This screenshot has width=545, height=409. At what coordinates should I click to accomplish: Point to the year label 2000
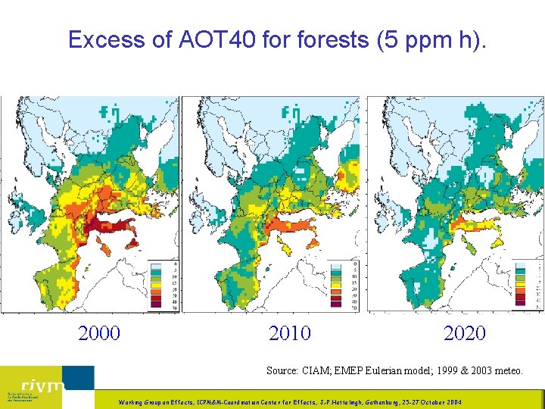99,333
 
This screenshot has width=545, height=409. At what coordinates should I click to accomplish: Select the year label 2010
289,333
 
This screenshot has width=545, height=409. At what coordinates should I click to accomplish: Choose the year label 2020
465,333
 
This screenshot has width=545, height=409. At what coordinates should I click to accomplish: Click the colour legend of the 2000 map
163,284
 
